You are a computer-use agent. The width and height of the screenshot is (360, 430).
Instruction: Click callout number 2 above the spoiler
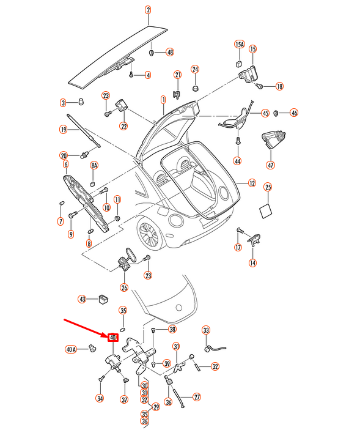tap(147, 10)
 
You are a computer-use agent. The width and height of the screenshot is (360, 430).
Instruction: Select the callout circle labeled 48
tap(170, 53)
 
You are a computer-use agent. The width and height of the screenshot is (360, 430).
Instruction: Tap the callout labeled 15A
tap(240, 45)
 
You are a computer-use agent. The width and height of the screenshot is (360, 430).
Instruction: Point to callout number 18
tap(279, 86)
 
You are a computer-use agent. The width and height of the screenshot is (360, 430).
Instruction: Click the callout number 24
tap(195, 69)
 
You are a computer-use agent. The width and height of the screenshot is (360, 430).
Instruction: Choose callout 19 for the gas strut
tap(63, 129)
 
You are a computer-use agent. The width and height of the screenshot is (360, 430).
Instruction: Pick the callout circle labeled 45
tap(265, 113)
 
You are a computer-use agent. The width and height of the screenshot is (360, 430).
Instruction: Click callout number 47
tap(270, 165)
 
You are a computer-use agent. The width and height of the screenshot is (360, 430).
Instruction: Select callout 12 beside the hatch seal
tap(252, 183)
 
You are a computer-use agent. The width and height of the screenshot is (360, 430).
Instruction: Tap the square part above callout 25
tap(267, 210)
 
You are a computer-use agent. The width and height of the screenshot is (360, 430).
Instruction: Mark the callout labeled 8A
tap(94, 166)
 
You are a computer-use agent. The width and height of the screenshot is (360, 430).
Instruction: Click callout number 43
tap(82, 299)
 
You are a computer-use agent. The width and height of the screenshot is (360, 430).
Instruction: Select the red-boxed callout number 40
tap(113, 337)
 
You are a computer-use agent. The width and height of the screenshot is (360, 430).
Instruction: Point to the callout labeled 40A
tap(71, 349)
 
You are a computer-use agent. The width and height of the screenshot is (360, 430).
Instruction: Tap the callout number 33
tap(206, 330)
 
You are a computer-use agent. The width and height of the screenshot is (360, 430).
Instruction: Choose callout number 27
tap(197, 397)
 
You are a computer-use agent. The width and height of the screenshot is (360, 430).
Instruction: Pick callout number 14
tap(252, 263)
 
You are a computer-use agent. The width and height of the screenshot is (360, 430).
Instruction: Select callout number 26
tap(124, 288)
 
